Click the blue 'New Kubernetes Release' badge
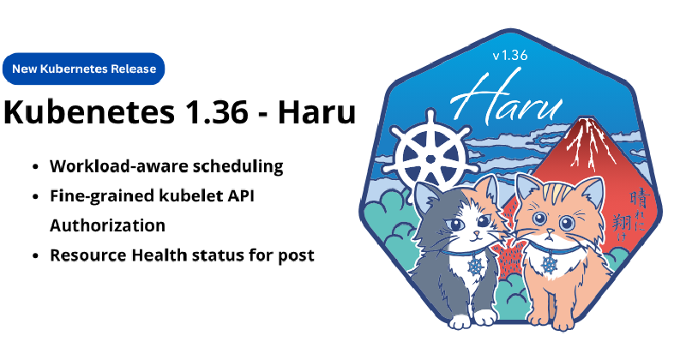84,69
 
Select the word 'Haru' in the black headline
320,113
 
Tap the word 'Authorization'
107,225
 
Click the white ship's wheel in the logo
432,153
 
